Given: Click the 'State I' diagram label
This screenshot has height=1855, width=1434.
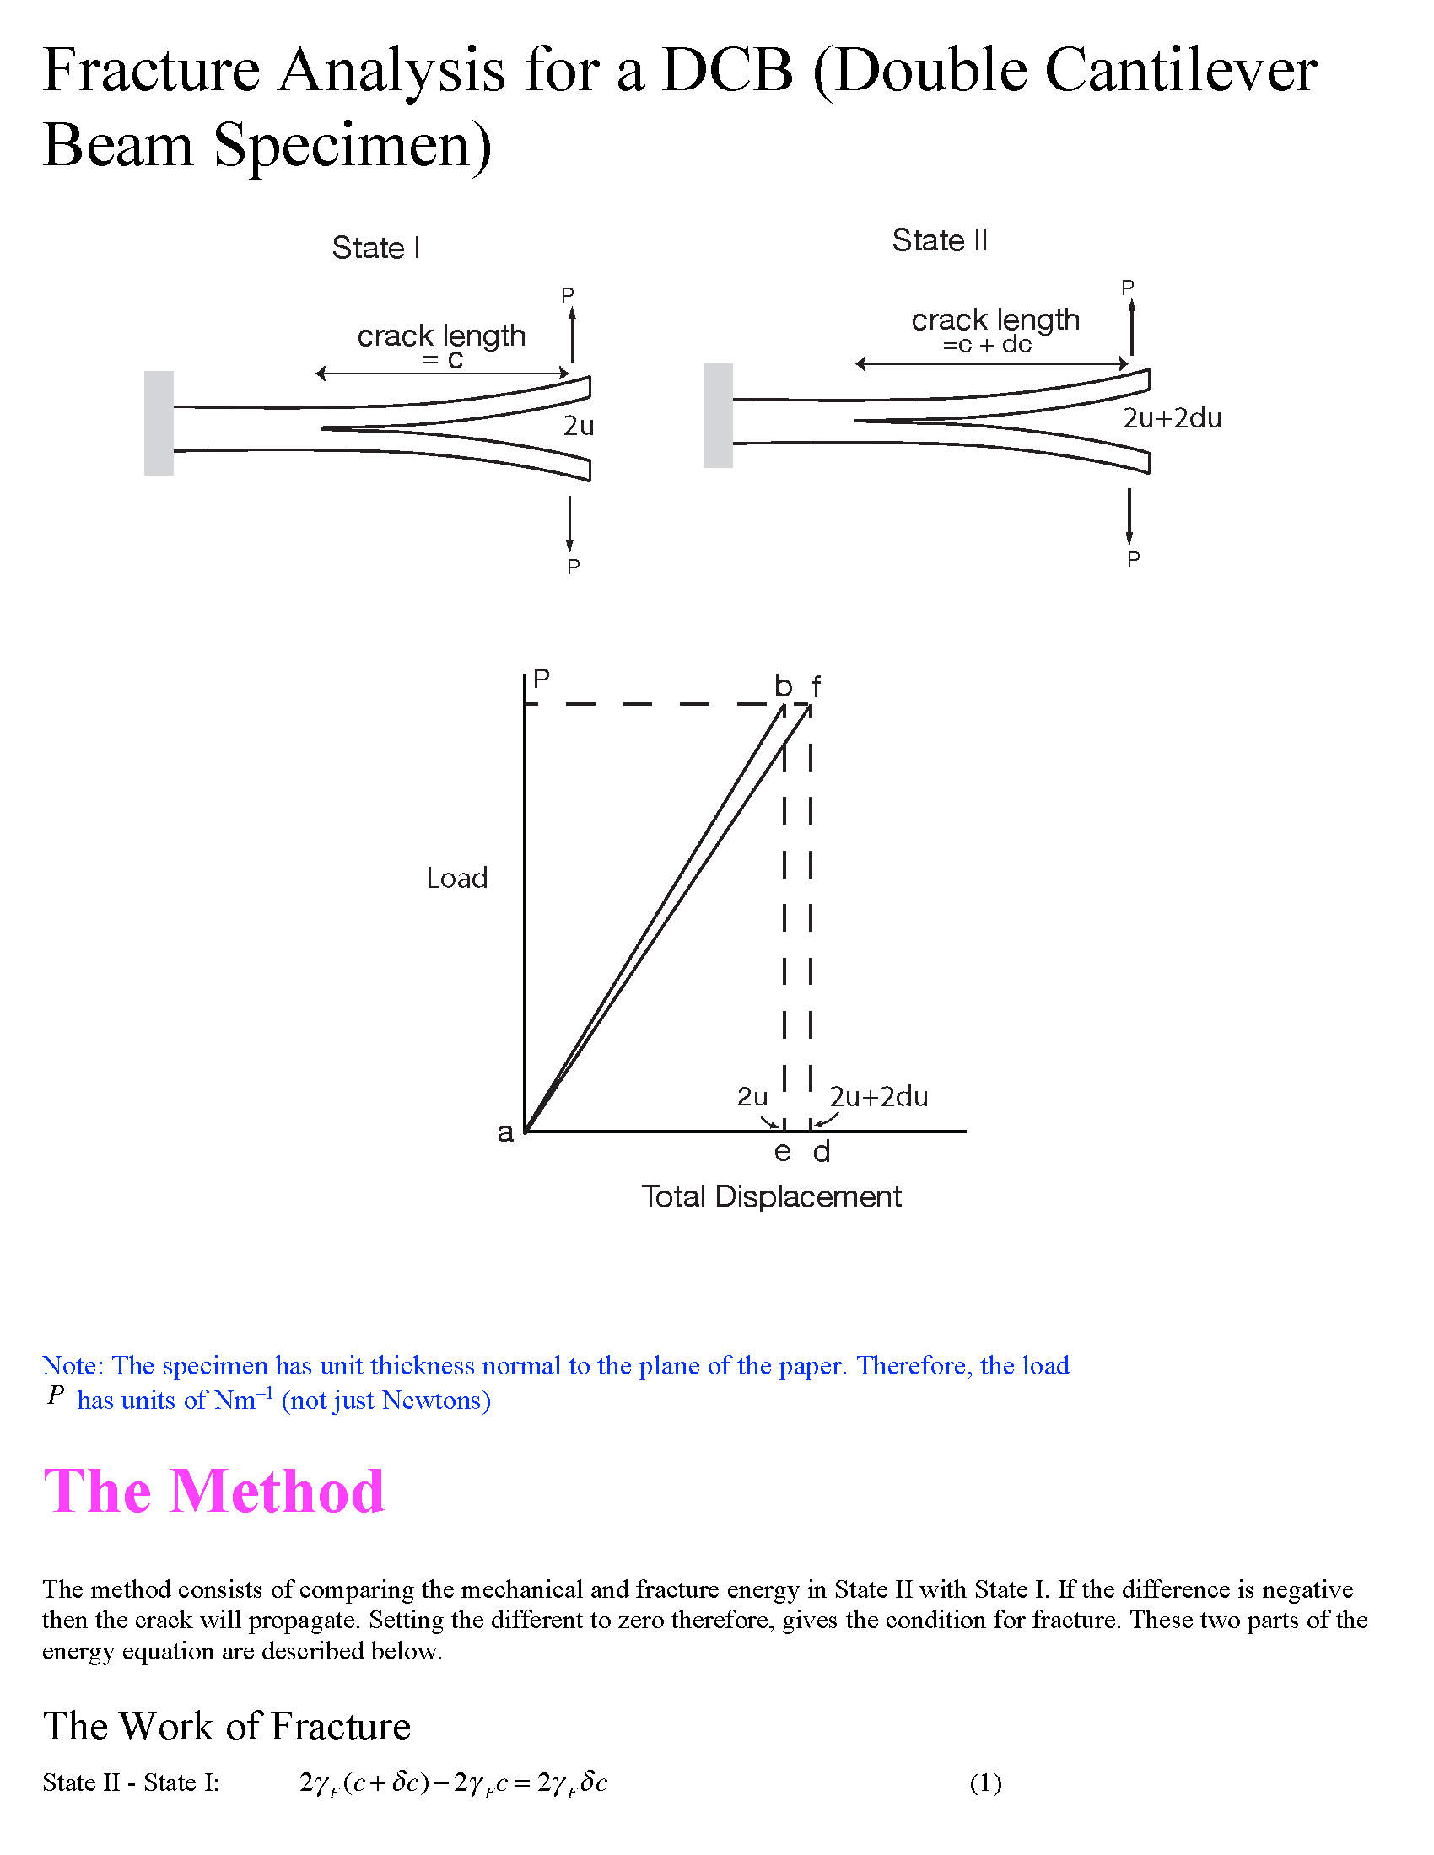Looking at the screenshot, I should (375, 248).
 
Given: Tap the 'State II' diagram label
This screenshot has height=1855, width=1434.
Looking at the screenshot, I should (939, 240).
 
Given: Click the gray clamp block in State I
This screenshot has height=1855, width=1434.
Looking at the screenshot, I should (159, 423).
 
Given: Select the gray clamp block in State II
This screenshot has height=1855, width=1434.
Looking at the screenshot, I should (718, 416).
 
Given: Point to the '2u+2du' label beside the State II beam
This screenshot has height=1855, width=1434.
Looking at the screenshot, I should (1172, 418).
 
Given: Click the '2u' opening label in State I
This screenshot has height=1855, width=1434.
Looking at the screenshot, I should (579, 426).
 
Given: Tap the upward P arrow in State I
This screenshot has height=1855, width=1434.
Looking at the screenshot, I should (573, 335).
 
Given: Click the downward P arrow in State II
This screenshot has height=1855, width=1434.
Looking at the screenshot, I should (1129, 515).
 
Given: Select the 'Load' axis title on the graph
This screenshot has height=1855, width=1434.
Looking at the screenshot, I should (457, 879).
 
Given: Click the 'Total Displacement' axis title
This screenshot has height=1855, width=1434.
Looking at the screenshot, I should (770, 1196).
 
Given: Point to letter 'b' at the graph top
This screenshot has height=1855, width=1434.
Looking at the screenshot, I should (783, 686).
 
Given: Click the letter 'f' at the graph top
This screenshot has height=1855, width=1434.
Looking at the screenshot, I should (817, 686).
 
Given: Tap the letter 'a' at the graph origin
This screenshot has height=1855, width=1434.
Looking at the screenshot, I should (505, 1133).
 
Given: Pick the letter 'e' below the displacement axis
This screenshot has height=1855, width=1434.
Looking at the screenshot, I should (783, 1153).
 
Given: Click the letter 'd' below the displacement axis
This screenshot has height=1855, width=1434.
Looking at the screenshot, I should (821, 1153).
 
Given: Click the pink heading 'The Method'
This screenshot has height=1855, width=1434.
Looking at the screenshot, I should (214, 1492).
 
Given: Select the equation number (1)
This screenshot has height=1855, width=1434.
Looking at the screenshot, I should (985, 1782).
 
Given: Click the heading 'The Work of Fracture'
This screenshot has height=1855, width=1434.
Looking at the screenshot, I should (227, 1727).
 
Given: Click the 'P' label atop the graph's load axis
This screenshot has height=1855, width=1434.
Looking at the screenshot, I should (542, 678).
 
